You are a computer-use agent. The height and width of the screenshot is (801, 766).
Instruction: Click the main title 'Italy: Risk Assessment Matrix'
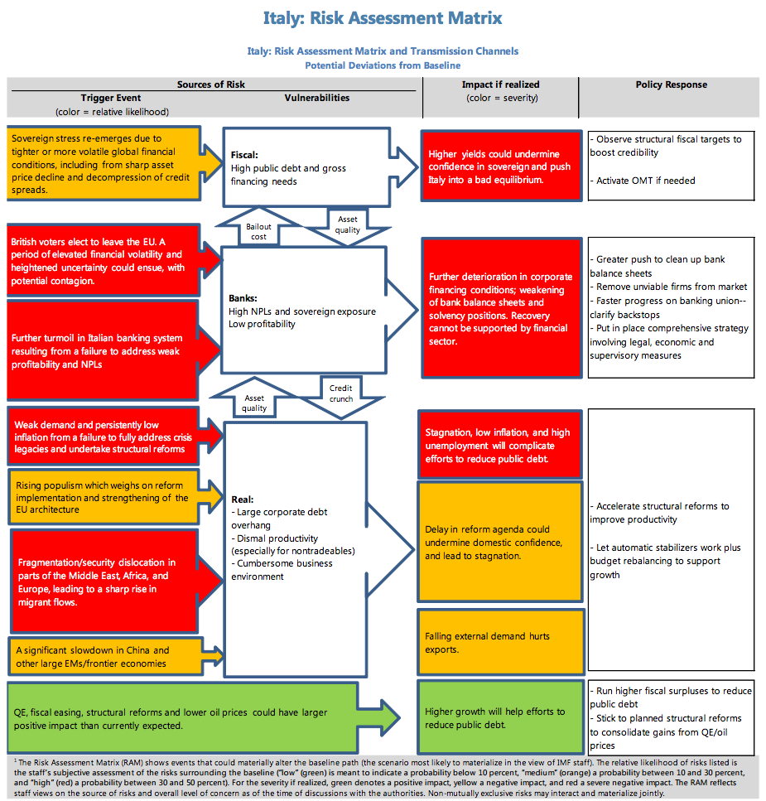(383, 17)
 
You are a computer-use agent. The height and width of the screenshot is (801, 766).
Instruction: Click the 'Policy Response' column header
(671, 84)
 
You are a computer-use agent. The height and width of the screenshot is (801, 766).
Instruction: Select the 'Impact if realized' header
(500, 84)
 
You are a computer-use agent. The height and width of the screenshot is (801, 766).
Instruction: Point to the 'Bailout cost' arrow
(259, 231)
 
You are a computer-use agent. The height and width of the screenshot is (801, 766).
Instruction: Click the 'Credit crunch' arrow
(340, 393)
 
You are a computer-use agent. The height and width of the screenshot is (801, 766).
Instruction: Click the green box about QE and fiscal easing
(181, 718)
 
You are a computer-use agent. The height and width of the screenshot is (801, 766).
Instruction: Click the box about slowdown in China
(103, 656)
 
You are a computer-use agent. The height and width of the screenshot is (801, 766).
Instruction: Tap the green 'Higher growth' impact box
(499, 718)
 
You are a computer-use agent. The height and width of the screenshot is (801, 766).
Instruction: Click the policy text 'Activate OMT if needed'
(645, 181)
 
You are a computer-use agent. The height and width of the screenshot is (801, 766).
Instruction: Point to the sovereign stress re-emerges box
(103, 163)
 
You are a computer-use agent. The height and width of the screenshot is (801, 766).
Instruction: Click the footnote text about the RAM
(383, 775)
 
